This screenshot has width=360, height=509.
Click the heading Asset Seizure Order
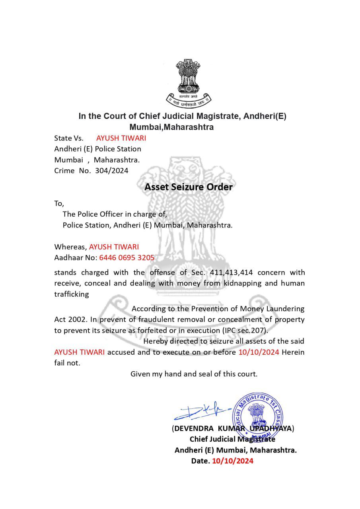(188, 187)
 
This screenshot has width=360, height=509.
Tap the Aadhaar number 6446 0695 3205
(126, 257)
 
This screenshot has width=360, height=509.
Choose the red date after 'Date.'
(233, 461)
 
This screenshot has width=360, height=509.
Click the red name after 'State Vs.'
(121, 138)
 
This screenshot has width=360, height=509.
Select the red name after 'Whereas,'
(114, 247)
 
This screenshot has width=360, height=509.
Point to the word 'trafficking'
(72, 294)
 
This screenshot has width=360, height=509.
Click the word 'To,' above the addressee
(59, 203)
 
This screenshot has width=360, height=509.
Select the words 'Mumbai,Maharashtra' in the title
(171, 127)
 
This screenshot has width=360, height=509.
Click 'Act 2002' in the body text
(70, 319)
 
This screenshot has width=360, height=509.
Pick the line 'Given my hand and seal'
(194, 374)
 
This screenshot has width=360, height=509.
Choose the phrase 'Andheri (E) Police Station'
(97, 149)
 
